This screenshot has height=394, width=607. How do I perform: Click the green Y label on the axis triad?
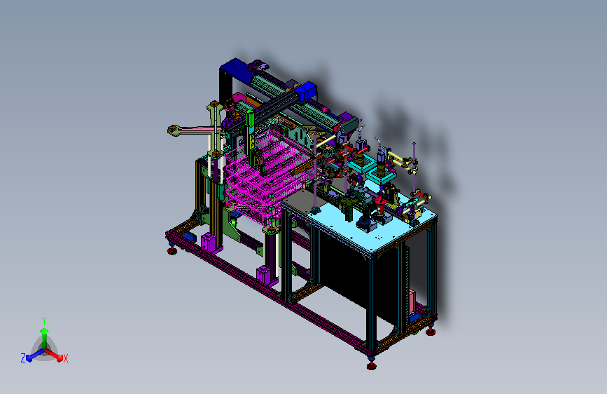click(x=44, y=321)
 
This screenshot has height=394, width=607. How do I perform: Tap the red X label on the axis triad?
click(x=65, y=358)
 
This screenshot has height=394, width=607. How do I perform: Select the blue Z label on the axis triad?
click(x=23, y=358)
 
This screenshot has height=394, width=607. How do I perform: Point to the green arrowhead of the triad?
click(x=44, y=332)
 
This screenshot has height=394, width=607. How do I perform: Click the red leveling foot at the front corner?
click(x=371, y=366)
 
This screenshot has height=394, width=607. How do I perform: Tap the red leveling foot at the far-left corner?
click(x=172, y=251)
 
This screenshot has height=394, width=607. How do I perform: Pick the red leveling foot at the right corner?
click(x=430, y=332)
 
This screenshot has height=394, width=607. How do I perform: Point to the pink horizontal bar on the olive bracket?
click(x=196, y=129)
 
